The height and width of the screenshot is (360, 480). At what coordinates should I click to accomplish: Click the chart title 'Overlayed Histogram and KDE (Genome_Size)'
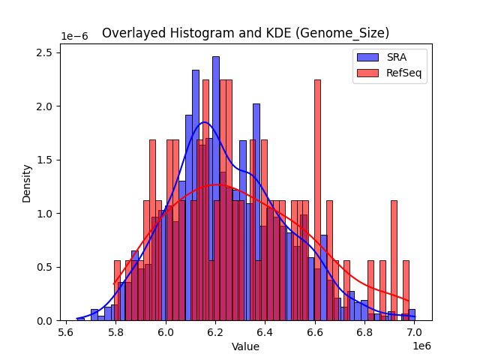point(245,33)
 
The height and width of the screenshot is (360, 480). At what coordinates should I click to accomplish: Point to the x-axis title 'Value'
point(245,346)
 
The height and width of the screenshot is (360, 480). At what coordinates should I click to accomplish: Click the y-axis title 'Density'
point(27,183)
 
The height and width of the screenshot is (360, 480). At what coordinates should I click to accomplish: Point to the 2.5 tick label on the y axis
point(46,52)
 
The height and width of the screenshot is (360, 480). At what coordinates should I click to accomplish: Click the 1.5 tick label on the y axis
point(46,160)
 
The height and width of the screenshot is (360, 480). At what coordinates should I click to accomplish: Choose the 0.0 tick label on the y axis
point(46,321)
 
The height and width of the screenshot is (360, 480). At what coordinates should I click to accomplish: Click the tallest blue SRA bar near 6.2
point(215,187)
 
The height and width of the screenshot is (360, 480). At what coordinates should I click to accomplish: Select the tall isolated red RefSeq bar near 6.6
point(317,195)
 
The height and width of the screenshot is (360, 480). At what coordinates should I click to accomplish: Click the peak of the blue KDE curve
point(204,122)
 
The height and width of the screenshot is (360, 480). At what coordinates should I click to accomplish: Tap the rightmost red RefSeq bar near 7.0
point(406,292)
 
